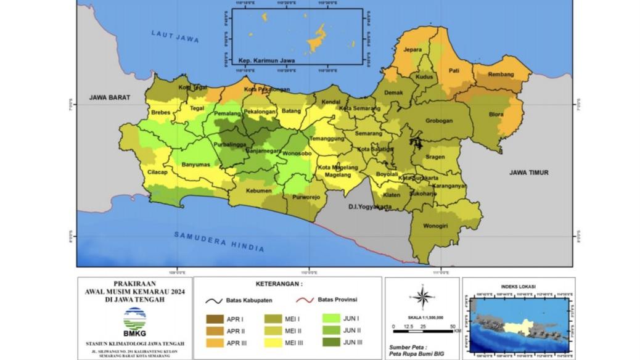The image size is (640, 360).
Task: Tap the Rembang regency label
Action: coord(500,74)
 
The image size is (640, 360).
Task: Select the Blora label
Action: coord(495,114)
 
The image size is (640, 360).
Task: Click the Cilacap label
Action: coord(158,173)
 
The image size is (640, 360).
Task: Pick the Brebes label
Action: coord(160,113)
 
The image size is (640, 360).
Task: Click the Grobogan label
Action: coord(438,121)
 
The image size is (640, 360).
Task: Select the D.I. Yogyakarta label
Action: coord(370,207)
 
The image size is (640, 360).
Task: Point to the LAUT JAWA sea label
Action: coord(175,36)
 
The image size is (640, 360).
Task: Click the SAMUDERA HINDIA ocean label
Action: coord(219,241)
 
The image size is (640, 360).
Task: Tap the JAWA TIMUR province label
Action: coord(528,173)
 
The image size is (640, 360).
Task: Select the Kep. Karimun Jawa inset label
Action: coord(266,61)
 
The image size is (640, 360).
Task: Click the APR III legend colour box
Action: coord(215,343)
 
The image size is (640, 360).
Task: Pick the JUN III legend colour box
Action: coord(332,343)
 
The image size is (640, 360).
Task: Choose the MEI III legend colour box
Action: coord(273,343)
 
